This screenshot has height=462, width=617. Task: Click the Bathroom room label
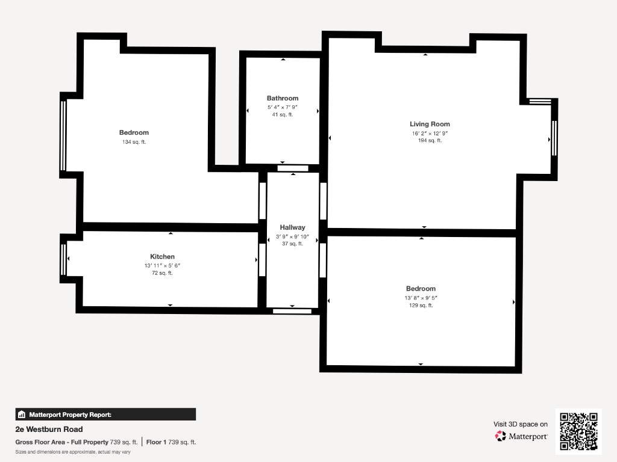tap(283, 98)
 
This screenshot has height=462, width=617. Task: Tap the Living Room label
tap(430, 124)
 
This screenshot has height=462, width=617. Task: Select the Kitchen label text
tap(162, 256)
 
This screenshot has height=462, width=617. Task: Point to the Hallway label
tap(292, 227)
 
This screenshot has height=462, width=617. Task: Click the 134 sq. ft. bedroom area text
tap(134, 142)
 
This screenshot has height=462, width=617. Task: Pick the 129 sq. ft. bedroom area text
tap(421, 305)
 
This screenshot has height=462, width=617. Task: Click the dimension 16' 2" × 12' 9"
tap(430, 133)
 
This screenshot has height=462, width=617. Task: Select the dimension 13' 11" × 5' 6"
tap(162, 265)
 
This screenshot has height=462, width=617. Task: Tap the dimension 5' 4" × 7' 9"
tap(283, 107)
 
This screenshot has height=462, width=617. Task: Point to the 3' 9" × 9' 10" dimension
tap(292, 236)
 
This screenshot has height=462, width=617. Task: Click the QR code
tap(578, 431)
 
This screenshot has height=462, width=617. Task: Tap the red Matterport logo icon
tap(500, 436)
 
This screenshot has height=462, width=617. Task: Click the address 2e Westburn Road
tap(49, 430)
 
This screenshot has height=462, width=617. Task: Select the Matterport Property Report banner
tap(105, 414)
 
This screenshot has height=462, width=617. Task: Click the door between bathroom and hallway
tap(293, 168)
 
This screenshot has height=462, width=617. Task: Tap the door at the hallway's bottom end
tap(292, 311)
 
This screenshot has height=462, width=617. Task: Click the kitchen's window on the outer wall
tap(63, 260)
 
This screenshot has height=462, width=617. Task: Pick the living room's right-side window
tap(554, 138)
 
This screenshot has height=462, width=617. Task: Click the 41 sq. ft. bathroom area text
tap(283, 115)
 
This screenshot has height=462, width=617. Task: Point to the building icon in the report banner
tap(22, 414)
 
